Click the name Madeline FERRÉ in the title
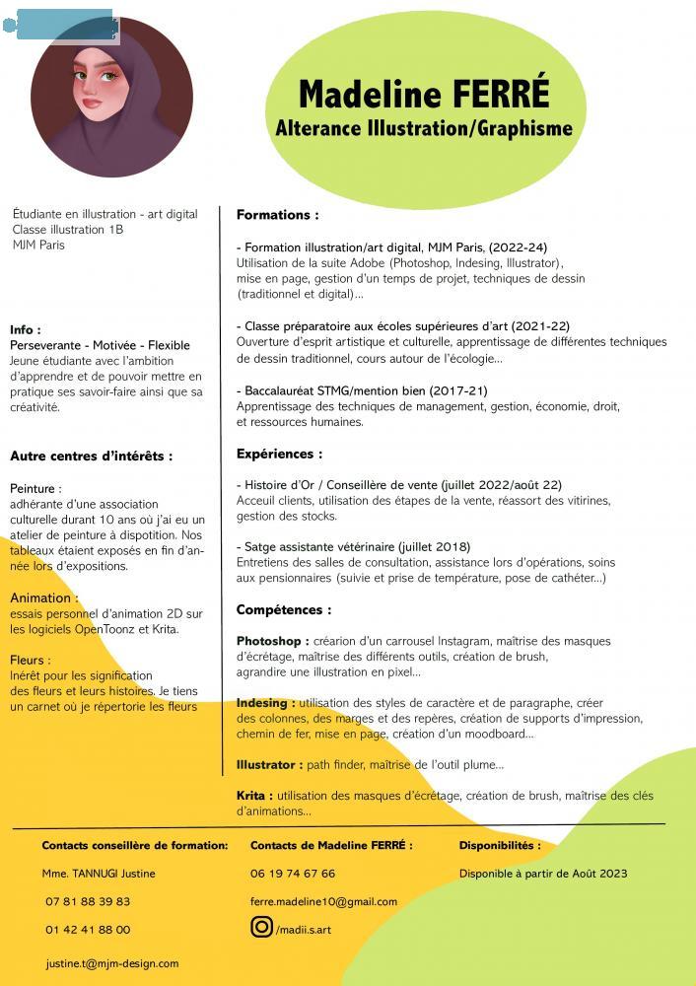[x=424, y=95]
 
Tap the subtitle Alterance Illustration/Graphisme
[x=424, y=128]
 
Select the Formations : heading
[x=277, y=215]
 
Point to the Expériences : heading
[x=279, y=455]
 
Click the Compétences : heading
[x=283, y=610]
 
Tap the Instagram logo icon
[x=261, y=927]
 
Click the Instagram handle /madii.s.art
[x=304, y=929]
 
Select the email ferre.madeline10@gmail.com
[x=323, y=901]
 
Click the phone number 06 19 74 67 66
[x=293, y=874]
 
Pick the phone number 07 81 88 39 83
[x=88, y=901]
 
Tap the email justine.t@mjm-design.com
[x=112, y=963]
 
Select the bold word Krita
[x=252, y=796]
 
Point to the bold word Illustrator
[x=267, y=764]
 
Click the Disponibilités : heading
[x=500, y=845]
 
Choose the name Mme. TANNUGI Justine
[x=99, y=874]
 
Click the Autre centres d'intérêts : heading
[x=92, y=457]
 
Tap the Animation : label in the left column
[x=43, y=599]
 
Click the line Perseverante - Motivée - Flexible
[x=100, y=345]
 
